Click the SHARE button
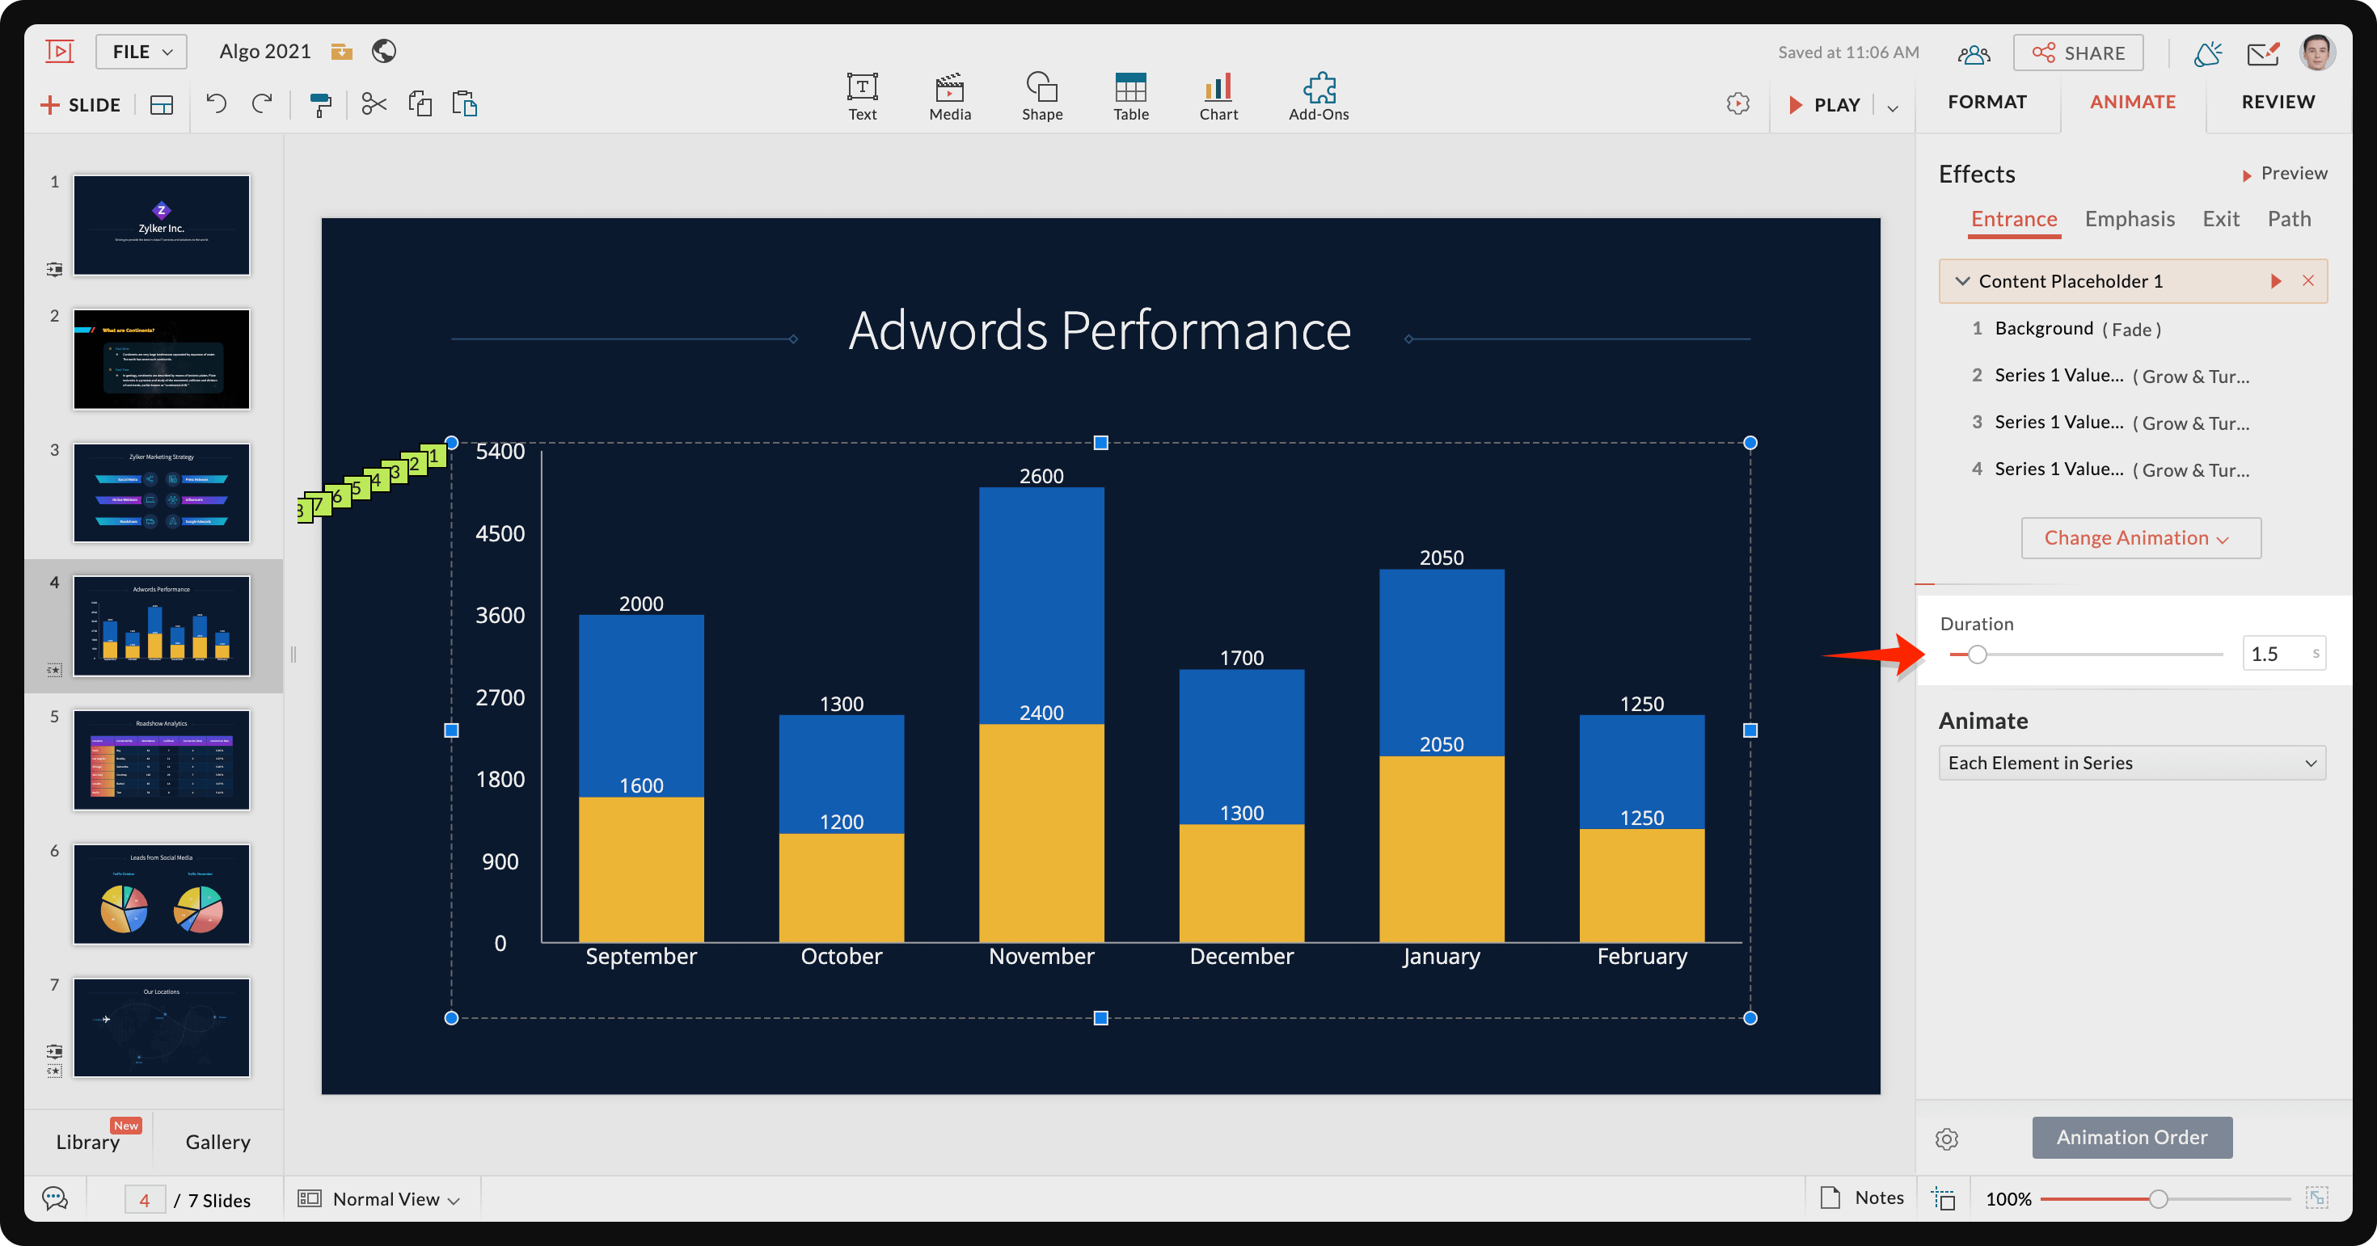2078,53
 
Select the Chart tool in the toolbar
1218,96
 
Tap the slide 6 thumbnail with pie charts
162,894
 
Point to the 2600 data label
1041,476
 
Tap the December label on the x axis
1241,957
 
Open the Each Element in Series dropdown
2131,763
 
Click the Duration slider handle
1977,655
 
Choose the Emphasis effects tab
2129,219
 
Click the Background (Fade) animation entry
2077,329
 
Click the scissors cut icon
374,104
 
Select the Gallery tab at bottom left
217,1142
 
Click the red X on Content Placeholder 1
2307,281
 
